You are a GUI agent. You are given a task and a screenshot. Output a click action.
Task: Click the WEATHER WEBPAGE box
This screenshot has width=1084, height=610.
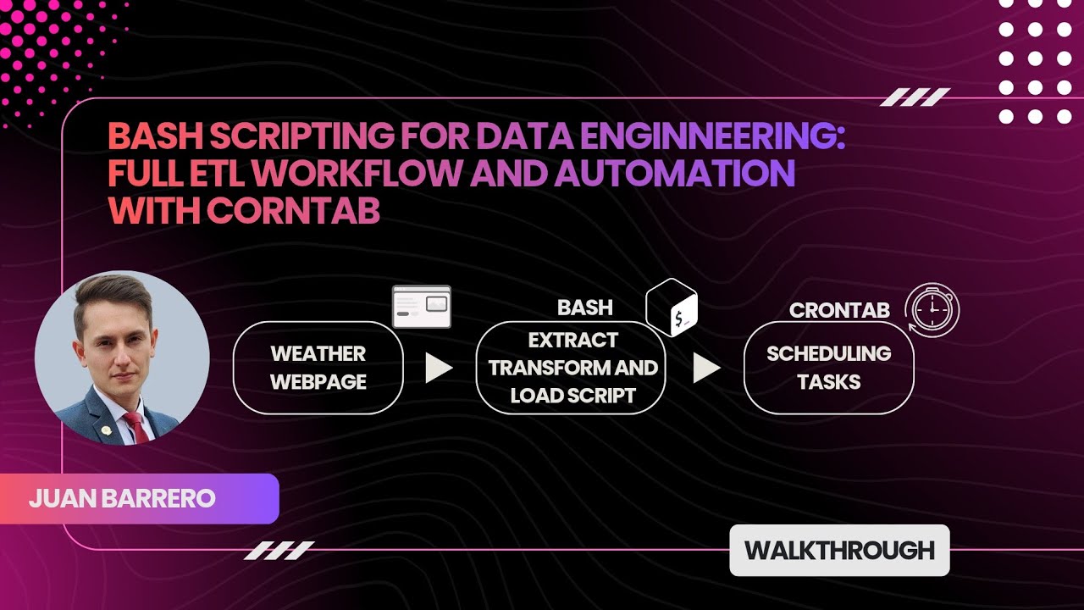click(318, 368)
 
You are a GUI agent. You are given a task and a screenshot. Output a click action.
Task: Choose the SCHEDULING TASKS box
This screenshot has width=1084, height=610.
click(828, 368)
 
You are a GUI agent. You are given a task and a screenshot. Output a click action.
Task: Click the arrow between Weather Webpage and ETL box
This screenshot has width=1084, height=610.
click(438, 368)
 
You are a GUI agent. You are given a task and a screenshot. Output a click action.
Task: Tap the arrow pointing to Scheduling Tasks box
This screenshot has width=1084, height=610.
click(705, 368)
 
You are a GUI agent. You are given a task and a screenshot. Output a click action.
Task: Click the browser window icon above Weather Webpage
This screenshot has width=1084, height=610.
click(422, 307)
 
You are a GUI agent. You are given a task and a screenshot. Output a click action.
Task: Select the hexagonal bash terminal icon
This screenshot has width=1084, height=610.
click(672, 308)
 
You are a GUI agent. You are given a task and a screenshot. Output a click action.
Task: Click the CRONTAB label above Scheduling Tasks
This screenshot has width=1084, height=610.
click(838, 310)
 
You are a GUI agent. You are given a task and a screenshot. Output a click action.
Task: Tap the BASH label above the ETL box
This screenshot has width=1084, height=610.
click(584, 308)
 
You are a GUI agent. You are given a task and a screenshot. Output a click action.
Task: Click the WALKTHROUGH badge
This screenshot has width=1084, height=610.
click(839, 550)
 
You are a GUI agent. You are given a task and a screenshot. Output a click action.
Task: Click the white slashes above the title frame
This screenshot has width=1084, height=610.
click(915, 98)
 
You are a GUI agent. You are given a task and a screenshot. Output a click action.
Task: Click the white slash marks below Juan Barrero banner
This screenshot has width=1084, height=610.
click(279, 551)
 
